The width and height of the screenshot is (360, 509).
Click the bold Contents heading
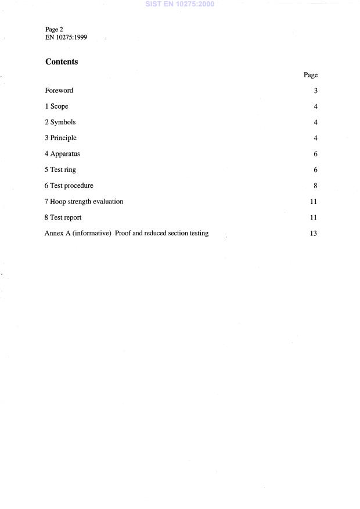62,62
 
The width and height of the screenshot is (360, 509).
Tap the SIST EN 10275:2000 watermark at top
179,5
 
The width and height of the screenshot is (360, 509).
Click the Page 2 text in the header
54,29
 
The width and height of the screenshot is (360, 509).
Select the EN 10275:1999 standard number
66,36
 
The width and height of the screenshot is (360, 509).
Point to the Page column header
311,75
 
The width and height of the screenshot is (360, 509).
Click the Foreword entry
59,91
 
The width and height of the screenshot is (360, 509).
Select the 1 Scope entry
57,107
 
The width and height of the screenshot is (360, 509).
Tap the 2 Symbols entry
60,123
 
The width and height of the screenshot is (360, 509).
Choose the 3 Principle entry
61,138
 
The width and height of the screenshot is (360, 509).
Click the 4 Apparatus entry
63,155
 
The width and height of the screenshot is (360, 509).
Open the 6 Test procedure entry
69,186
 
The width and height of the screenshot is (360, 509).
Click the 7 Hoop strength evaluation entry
84,202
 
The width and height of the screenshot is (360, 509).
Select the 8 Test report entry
63,218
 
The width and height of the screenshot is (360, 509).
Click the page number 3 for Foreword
315,91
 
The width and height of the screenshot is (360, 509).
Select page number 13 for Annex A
314,234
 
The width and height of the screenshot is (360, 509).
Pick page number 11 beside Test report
314,218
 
